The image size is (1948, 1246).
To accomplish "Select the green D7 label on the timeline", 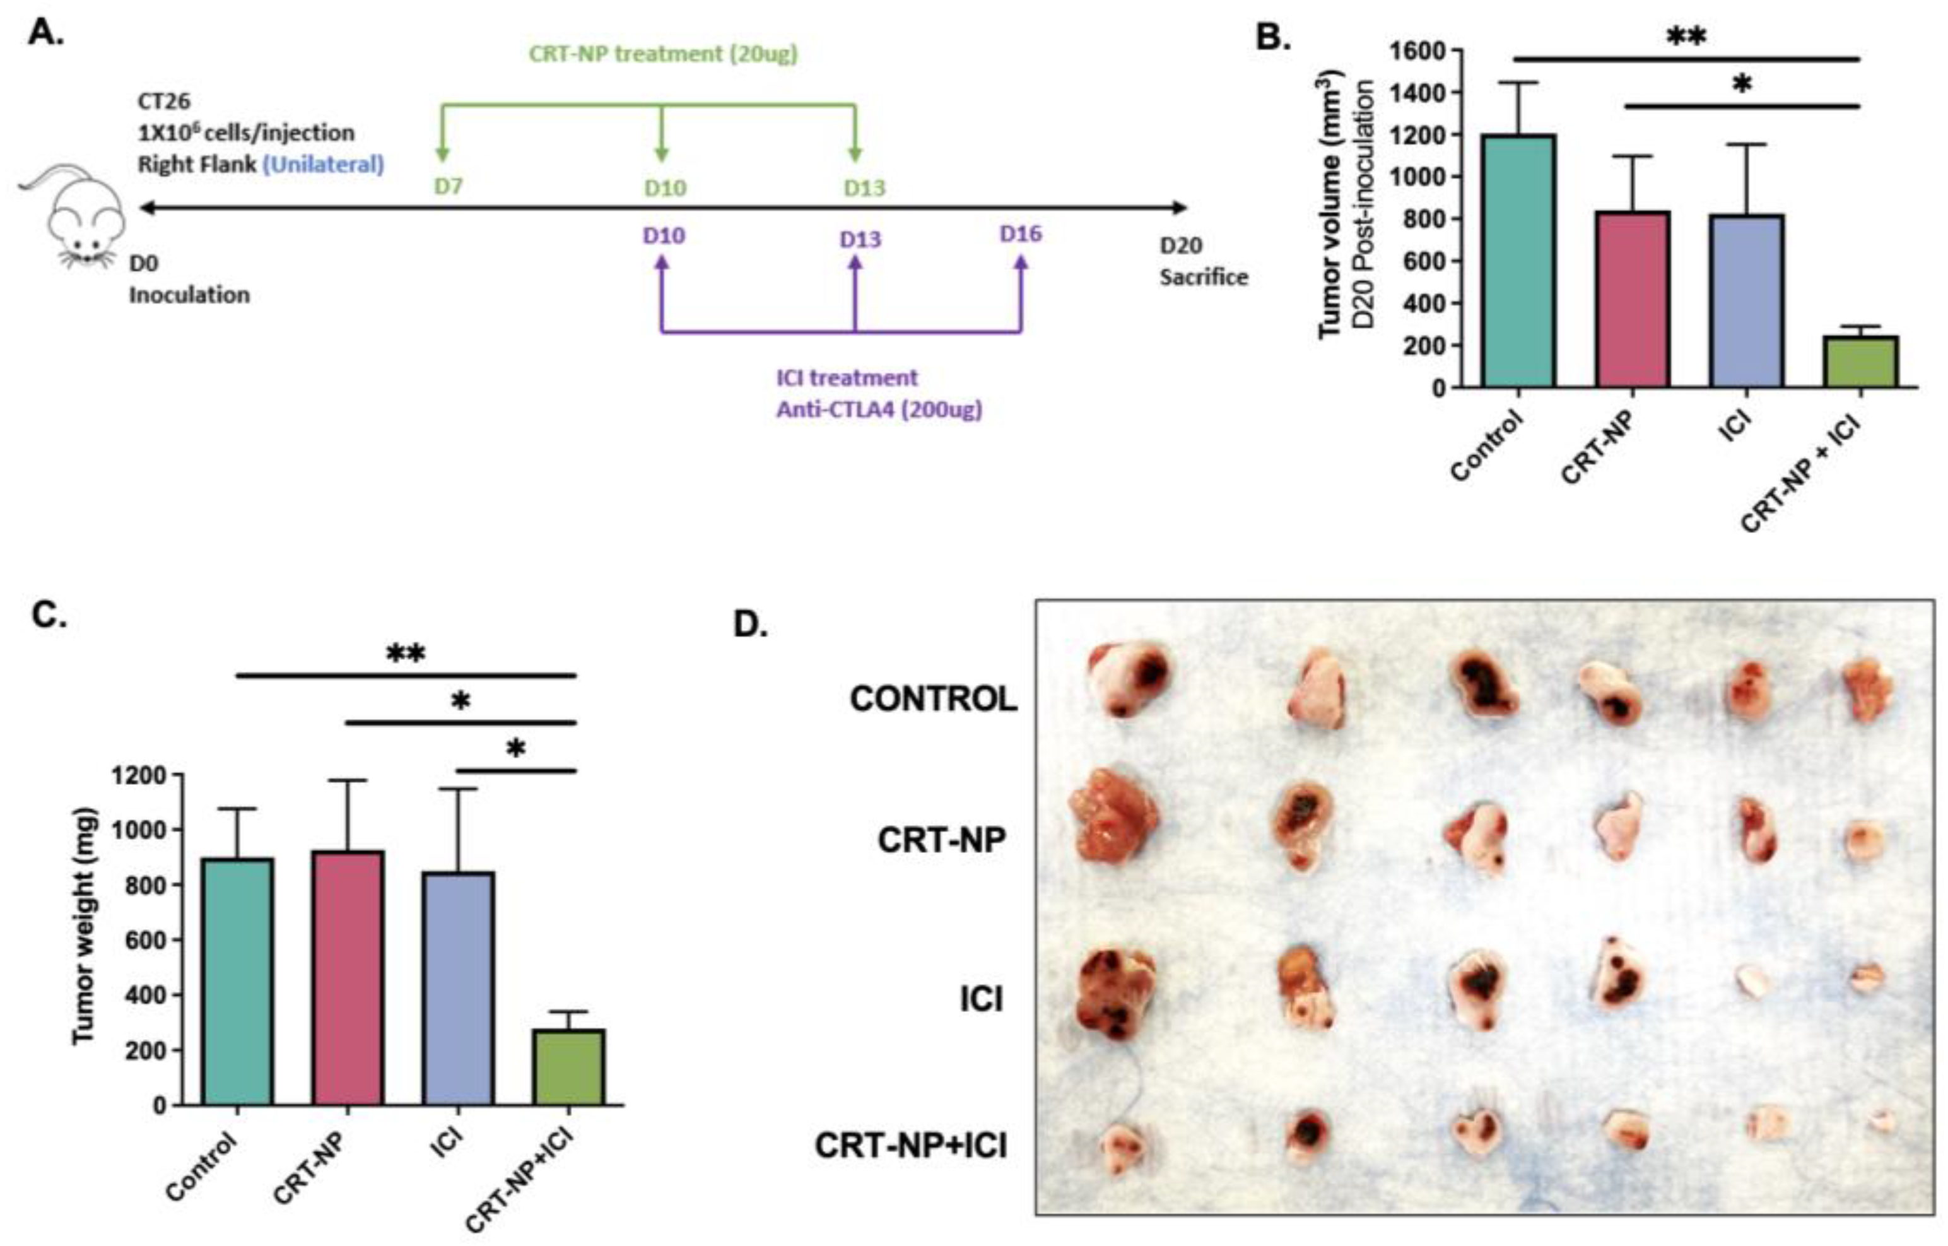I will [x=448, y=187].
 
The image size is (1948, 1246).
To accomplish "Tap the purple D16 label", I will [x=1021, y=235].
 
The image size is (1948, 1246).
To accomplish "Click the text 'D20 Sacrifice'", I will [x=1203, y=261].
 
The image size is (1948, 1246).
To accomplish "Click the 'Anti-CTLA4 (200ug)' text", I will [x=879, y=410].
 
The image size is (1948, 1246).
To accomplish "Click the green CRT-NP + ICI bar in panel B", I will [x=1862, y=361].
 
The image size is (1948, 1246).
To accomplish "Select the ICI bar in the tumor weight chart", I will [x=459, y=988].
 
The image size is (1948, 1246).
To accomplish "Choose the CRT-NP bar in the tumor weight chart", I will [x=348, y=977].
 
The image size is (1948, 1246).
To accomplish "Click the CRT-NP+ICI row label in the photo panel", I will [x=911, y=1146].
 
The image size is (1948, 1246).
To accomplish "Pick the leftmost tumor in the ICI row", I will [x=1115, y=992].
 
